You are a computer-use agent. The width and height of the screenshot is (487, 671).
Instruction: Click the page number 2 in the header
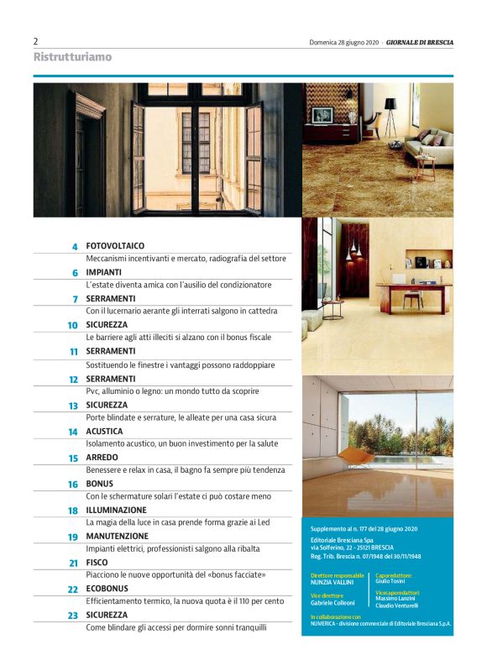click(36, 41)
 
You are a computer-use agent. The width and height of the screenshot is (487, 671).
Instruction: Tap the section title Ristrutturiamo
click(72, 57)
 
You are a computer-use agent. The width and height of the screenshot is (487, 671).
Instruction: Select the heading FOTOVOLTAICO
click(115, 246)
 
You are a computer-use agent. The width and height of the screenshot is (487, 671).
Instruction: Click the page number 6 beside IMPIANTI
click(74, 273)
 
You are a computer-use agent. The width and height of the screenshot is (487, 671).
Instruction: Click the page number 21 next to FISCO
click(73, 563)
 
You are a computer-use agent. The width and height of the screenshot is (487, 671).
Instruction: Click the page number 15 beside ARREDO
click(73, 459)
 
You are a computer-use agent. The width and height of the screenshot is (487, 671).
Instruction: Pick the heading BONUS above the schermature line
click(101, 484)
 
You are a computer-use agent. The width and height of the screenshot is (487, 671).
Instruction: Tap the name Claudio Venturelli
click(397, 605)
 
